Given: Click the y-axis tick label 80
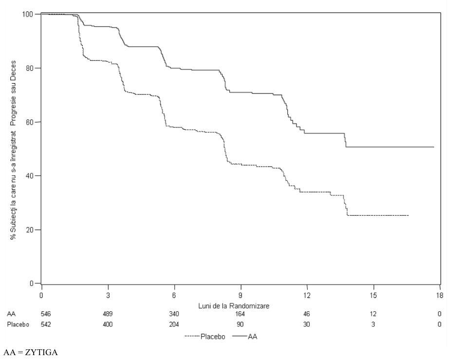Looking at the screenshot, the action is pyautogui.click(x=30, y=68).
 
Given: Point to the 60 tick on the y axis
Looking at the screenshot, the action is pyautogui.click(x=30, y=122).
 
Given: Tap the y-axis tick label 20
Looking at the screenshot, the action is pyautogui.click(x=30, y=229).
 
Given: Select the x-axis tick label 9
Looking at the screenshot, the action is pyautogui.click(x=241, y=295).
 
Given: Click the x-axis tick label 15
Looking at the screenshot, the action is pyautogui.click(x=373, y=295).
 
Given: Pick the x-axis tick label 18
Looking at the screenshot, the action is pyautogui.click(x=440, y=295).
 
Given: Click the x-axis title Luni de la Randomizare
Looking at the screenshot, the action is pyautogui.click(x=234, y=306).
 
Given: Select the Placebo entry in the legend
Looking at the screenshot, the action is pyautogui.click(x=205, y=337).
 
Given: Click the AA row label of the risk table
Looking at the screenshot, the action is pyautogui.click(x=11, y=314).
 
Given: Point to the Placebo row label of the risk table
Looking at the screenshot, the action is pyautogui.click(x=18, y=324).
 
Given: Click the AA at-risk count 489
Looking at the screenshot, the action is pyautogui.click(x=108, y=314).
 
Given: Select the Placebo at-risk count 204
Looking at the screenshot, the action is pyautogui.click(x=174, y=324).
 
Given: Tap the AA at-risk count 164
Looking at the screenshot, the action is pyautogui.click(x=240, y=314).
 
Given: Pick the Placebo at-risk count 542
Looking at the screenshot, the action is pyautogui.click(x=46, y=324).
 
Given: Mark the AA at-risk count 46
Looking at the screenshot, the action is pyautogui.click(x=306, y=314).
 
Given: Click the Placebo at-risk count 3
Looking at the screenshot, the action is pyautogui.click(x=373, y=324).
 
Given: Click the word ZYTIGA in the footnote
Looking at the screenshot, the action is pyautogui.click(x=41, y=352).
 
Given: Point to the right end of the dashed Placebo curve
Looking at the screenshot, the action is pyautogui.click(x=409, y=215).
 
